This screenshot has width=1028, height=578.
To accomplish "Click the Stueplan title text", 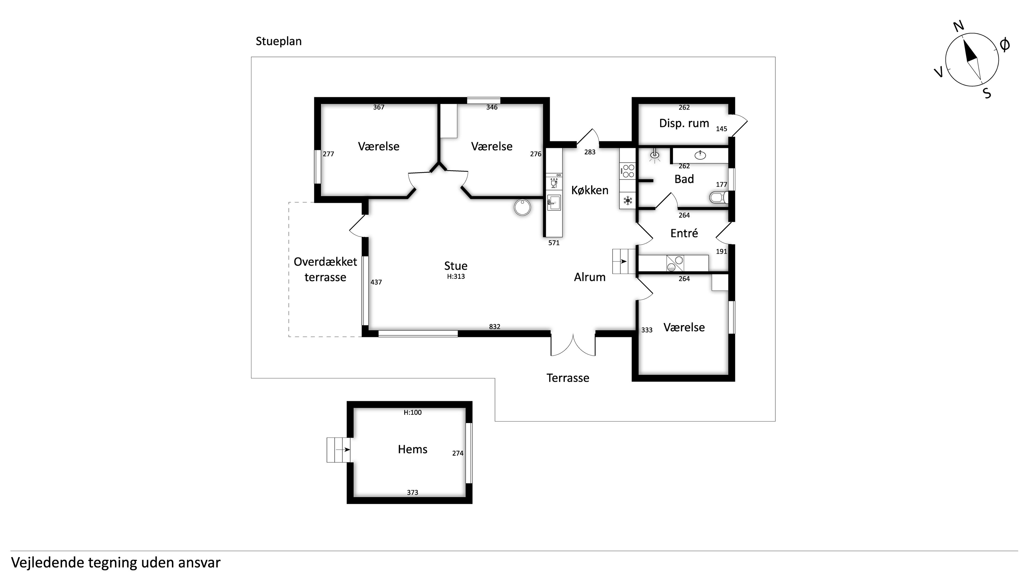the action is [278, 41].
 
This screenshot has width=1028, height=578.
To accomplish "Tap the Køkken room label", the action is [589, 190].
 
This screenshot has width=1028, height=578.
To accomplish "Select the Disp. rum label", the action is [684, 123].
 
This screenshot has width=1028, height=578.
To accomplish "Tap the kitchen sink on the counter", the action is [554, 203].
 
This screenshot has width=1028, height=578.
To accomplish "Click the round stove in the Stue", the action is [522, 207].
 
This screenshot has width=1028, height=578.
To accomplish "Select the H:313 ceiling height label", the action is [456, 276].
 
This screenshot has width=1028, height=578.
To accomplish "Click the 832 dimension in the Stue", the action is [494, 327].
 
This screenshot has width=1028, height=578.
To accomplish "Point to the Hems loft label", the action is [412, 450].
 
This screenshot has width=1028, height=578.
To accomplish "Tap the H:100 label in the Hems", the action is [412, 412].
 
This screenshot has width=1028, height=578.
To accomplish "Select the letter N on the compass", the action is [959, 26].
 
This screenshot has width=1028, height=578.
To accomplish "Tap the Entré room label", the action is [684, 233].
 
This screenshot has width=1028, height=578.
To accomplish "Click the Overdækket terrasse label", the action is [325, 269].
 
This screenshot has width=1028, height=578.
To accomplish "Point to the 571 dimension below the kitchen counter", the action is [554, 243].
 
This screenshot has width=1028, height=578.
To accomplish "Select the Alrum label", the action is [589, 277].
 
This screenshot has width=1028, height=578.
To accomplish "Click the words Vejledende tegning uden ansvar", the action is [116, 563].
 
